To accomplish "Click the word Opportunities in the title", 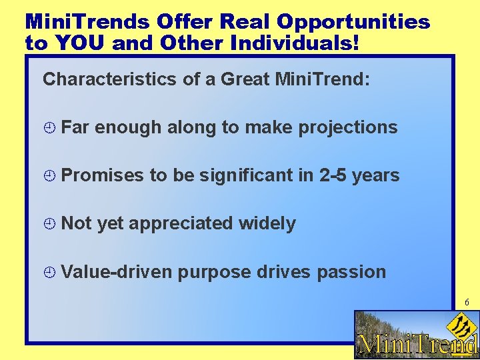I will [353, 22].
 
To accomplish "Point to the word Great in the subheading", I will [245, 80].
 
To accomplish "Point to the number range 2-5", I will [333, 176].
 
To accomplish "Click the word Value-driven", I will [117, 272].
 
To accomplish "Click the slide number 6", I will [467, 303].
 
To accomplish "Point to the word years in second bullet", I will [375, 176].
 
